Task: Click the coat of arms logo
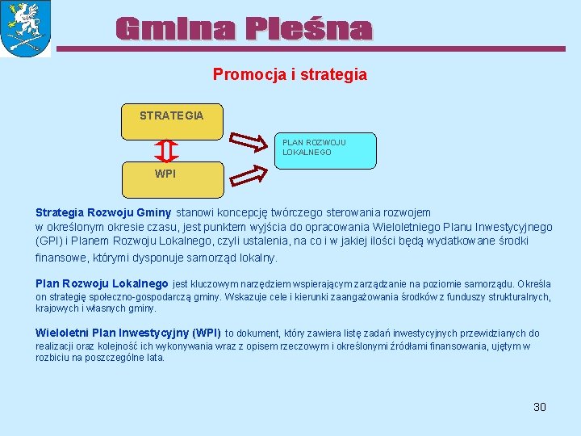[26, 28]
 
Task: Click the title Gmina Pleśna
[244, 29]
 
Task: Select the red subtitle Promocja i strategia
[290, 74]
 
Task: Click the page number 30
[540, 407]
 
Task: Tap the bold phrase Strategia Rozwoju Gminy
[103, 212]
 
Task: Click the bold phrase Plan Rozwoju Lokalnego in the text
[102, 283]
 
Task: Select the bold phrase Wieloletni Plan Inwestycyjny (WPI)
[128, 333]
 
